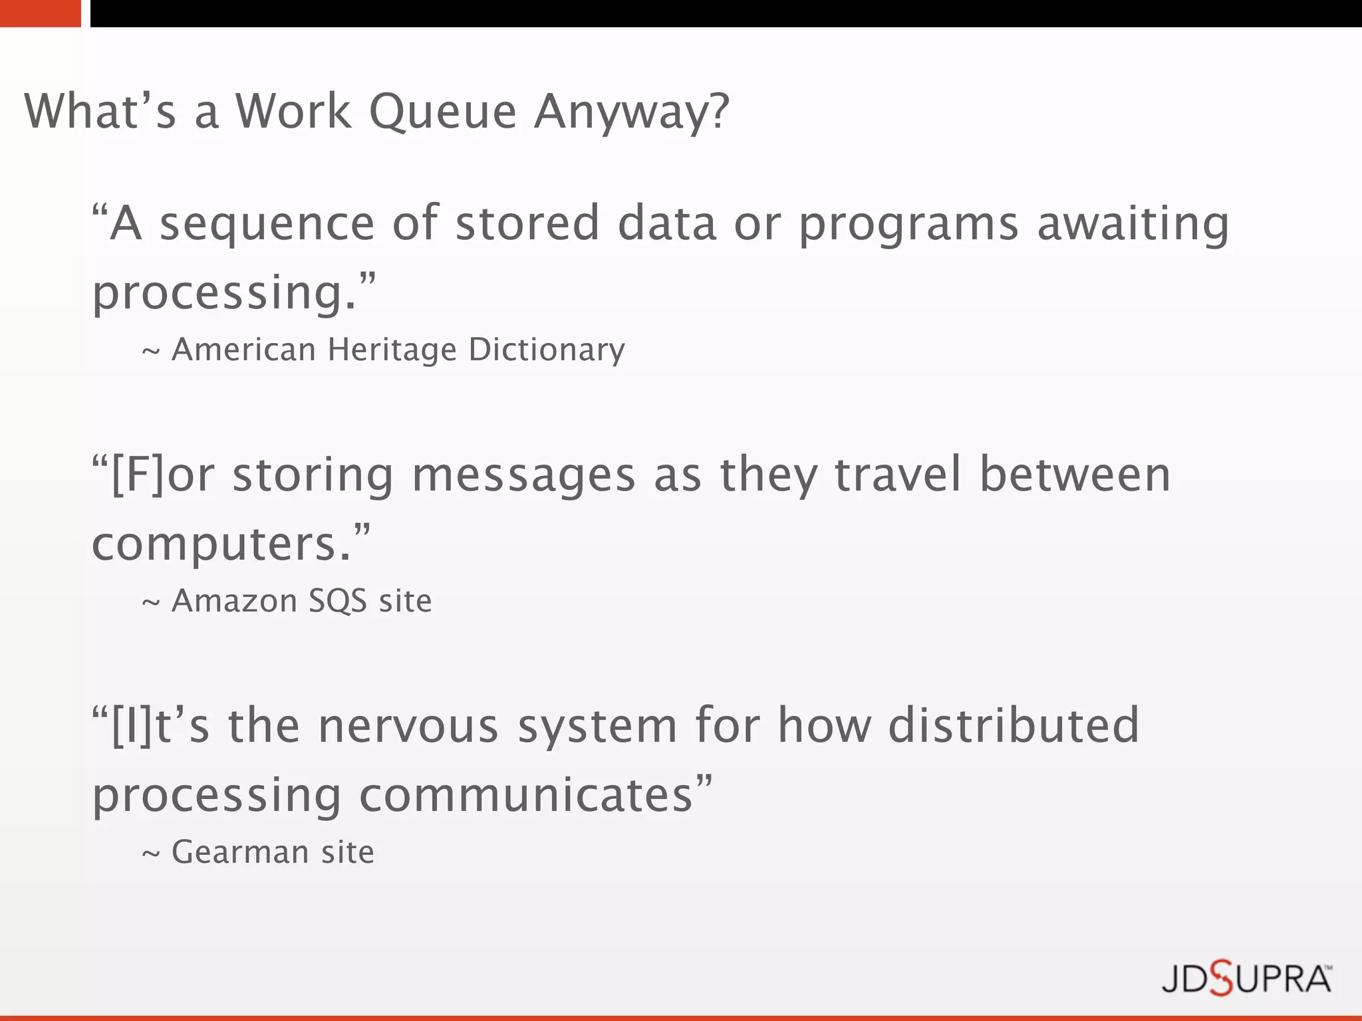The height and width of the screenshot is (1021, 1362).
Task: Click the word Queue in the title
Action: (x=442, y=112)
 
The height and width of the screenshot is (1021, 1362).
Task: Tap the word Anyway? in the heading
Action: (x=632, y=112)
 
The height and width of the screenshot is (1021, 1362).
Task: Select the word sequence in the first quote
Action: (x=267, y=224)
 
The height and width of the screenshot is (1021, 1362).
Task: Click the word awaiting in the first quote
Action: (x=1133, y=224)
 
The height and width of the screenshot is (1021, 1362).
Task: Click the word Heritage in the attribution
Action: (x=392, y=350)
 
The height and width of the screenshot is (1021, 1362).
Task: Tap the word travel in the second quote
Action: (x=898, y=475)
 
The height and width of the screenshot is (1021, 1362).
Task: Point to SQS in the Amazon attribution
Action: (x=338, y=602)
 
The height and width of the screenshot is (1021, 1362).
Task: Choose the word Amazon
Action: (x=234, y=601)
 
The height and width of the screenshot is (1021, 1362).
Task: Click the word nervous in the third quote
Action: (x=408, y=726)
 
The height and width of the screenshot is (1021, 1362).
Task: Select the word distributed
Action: (x=1014, y=726)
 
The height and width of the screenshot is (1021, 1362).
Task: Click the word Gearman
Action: (x=240, y=852)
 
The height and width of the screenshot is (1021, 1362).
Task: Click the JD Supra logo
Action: (x=1246, y=978)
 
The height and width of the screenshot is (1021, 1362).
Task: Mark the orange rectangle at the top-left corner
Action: (x=40, y=13)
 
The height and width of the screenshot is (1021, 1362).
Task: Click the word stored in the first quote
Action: (x=527, y=223)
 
